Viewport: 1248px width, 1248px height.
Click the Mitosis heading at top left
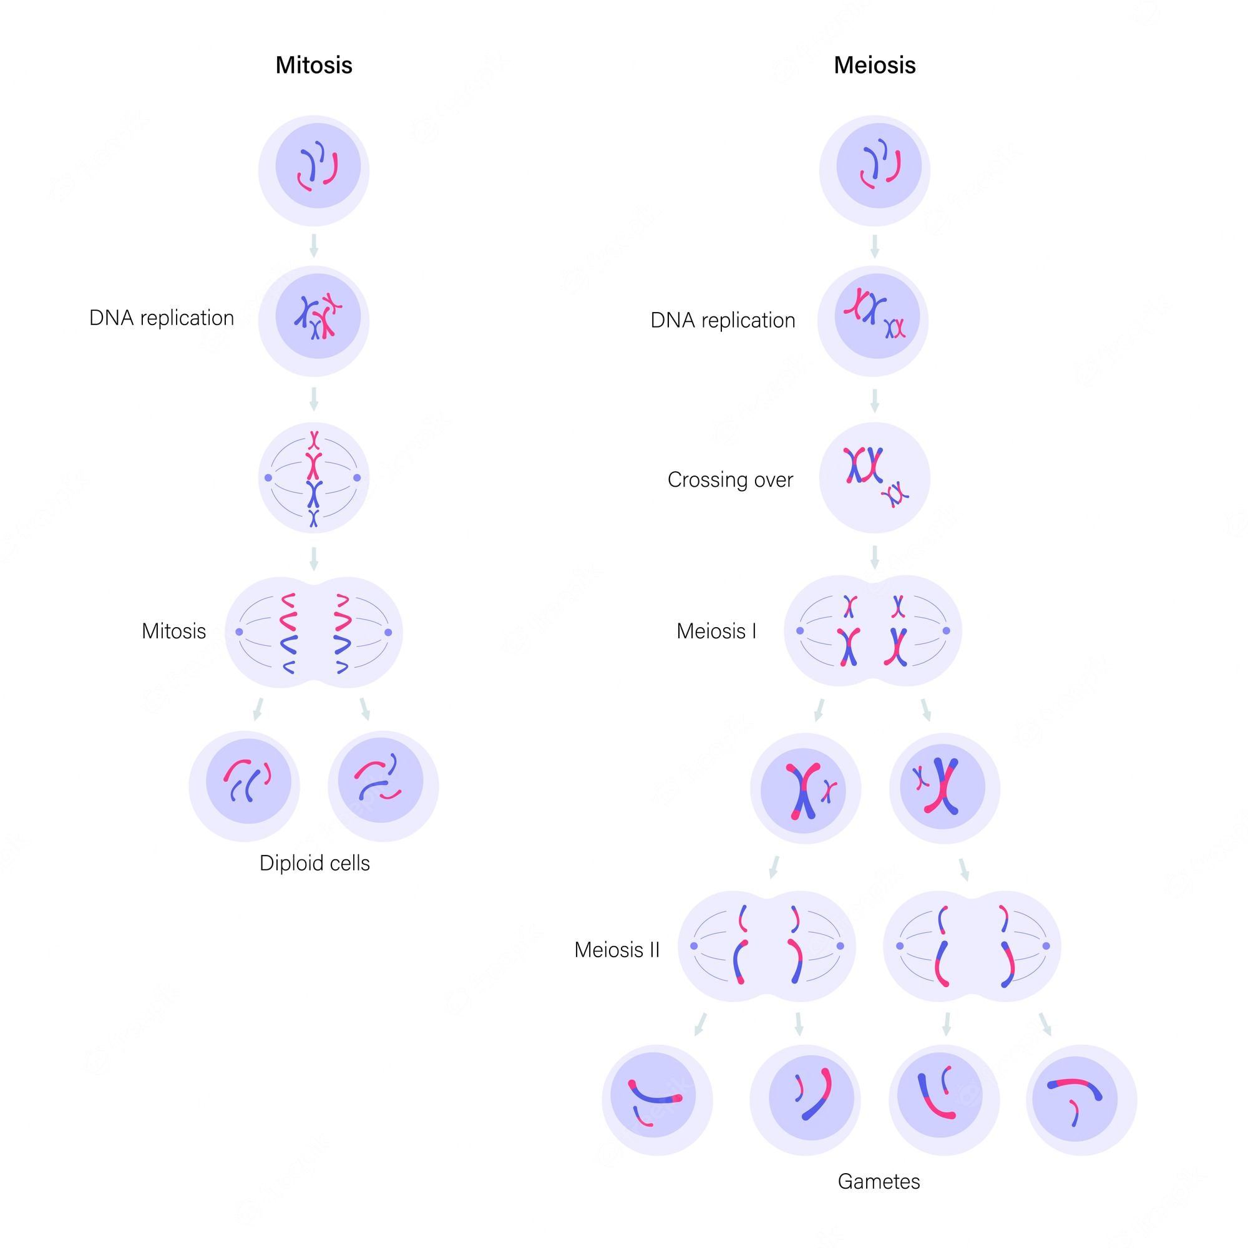(314, 66)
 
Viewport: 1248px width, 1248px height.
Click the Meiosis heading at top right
(875, 66)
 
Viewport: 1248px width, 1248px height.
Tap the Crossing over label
(730, 479)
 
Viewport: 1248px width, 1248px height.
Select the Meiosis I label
(716, 630)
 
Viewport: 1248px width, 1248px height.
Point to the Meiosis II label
(617, 950)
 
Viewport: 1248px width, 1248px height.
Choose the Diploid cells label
(314, 863)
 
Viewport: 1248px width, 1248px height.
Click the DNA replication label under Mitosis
(162, 318)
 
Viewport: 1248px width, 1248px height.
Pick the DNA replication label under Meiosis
(723, 320)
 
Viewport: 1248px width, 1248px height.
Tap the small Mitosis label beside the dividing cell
(173, 631)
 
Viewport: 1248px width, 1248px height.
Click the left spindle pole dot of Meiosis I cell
(801, 630)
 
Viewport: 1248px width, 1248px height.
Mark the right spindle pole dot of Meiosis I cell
(947, 630)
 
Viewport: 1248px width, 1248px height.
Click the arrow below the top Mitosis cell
(314, 245)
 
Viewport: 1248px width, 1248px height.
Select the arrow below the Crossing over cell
(875, 557)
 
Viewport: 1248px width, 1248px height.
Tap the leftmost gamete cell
(657, 1099)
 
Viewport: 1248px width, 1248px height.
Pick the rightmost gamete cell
(1081, 1099)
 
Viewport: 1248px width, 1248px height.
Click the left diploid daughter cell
(244, 786)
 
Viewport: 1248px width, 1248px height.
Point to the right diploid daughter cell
(383, 786)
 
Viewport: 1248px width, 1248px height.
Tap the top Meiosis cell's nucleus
(878, 166)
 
